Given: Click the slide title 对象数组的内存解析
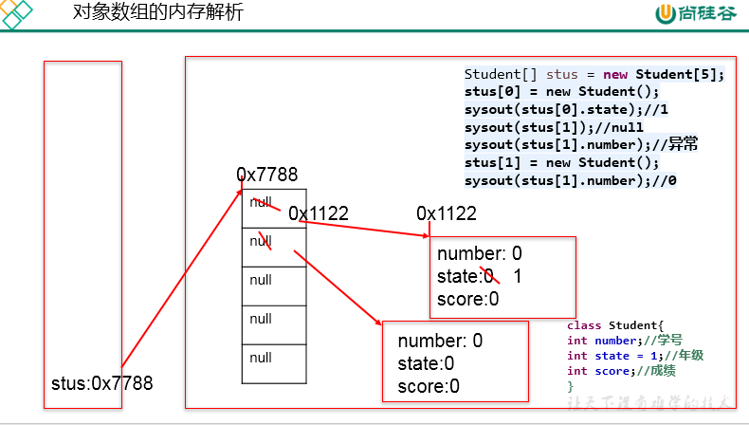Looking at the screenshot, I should (x=157, y=13).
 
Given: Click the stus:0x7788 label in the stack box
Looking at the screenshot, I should (x=101, y=383).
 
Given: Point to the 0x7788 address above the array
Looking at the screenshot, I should (x=266, y=175).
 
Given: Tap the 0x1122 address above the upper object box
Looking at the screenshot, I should (x=446, y=214).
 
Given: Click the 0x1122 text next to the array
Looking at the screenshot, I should (x=319, y=214).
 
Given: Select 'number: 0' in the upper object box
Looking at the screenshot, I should (x=479, y=254).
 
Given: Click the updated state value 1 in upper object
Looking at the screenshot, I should (x=518, y=277).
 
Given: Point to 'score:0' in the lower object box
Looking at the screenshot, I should (x=428, y=386).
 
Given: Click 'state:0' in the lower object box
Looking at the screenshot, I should (x=426, y=363).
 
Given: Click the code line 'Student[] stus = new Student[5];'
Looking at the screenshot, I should (x=594, y=75).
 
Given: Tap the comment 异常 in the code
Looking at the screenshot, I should (x=683, y=144).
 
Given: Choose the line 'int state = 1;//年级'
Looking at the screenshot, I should (x=634, y=356).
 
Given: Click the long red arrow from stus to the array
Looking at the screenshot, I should (x=180, y=280).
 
